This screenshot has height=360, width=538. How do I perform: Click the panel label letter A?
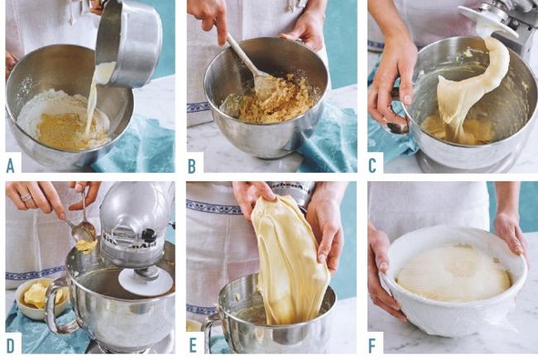(10, 166)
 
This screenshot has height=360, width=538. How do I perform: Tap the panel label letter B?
(192, 166)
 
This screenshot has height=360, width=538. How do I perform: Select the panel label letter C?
(372, 166)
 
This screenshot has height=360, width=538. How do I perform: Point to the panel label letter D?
(11, 346)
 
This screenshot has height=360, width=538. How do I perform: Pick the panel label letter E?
(193, 346)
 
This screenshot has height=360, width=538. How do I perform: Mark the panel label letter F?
(372, 346)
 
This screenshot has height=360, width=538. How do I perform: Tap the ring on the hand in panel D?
(26, 197)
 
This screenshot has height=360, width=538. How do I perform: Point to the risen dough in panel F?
(454, 273)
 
